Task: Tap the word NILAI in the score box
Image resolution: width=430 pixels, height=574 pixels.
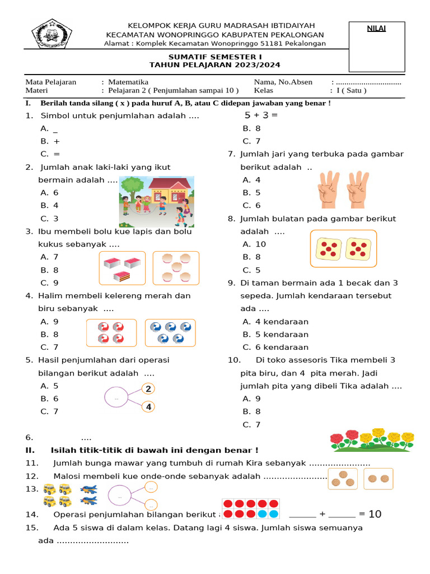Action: tap(376, 29)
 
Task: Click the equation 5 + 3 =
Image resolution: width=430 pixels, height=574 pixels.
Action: tap(261, 115)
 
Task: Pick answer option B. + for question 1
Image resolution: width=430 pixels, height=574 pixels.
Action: tap(50, 141)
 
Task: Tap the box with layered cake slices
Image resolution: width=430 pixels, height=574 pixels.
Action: tap(123, 268)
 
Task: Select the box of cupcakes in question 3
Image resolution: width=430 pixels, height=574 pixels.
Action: tap(176, 267)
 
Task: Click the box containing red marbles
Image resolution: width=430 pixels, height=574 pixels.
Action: tap(111, 333)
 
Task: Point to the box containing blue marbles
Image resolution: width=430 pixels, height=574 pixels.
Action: tap(171, 333)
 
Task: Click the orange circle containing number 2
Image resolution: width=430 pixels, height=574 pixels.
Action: tap(148, 389)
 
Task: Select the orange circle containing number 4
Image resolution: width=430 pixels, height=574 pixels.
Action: tap(148, 408)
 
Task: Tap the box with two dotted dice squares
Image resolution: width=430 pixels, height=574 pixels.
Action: tap(343, 248)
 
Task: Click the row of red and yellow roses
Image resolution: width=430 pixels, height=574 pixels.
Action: tap(372, 440)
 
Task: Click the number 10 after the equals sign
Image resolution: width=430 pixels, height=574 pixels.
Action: tap(375, 514)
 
